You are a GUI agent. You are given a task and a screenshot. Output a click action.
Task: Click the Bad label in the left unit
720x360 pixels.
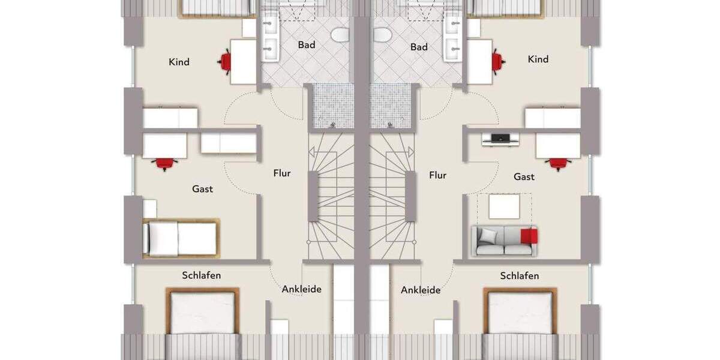(x=307, y=45)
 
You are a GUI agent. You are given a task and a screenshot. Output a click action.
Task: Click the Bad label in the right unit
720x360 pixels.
(x=419, y=47)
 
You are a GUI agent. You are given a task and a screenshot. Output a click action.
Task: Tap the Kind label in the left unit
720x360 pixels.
(x=179, y=62)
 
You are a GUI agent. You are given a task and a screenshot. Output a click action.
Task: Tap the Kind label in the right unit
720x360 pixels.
(x=538, y=59)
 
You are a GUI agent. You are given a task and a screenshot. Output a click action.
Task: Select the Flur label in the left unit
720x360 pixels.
(x=282, y=173)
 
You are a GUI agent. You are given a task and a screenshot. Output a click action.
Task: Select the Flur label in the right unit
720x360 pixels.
(x=437, y=175)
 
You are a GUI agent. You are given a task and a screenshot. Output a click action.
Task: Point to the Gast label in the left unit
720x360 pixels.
(x=202, y=189)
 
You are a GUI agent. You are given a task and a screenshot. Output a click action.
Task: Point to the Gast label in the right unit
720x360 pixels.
(x=524, y=177)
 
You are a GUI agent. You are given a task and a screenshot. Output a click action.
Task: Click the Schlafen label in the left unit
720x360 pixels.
(x=202, y=275)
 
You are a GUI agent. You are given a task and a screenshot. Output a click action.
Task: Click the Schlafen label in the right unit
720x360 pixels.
(x=520, y=276)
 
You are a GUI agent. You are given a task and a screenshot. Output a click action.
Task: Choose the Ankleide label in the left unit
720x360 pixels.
(x=302, y=289)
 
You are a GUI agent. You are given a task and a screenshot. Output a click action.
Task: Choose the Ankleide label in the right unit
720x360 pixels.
(x=421, y=290)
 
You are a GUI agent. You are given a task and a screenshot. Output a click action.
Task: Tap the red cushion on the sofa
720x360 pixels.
(x=529, y=236)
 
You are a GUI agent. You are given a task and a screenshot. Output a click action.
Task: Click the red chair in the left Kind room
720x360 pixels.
(x=226, y=61)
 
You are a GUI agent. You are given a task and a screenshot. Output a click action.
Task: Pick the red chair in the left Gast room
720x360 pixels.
(x=164, y=163)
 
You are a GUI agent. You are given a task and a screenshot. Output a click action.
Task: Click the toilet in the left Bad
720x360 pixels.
(x=340, y=35)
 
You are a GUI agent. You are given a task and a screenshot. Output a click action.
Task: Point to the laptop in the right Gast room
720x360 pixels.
(x=500, y=139)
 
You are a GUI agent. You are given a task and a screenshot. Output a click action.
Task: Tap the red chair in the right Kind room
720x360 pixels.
(x=497, y=61)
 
